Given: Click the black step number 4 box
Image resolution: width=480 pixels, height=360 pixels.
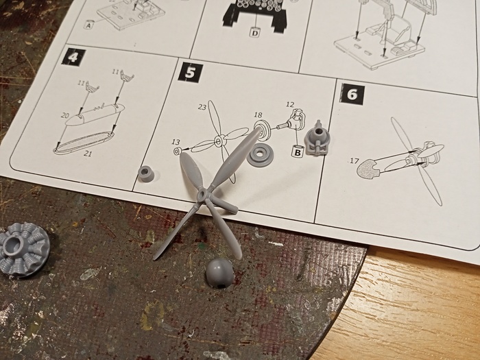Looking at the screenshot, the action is [73, 56].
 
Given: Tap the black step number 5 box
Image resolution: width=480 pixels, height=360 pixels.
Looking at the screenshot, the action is [191, 73].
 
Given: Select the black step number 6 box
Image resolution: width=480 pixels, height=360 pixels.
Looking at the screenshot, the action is [352, 94].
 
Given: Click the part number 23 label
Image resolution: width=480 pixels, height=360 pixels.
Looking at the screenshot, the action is [202, 107].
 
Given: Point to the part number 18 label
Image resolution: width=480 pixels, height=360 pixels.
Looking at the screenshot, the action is [258, 115].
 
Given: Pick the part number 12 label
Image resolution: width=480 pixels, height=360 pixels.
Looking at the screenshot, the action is [289, 105].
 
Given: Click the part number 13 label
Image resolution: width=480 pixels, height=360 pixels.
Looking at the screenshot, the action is [176, 142].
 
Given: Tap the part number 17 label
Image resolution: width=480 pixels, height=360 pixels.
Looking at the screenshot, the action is [354, 160].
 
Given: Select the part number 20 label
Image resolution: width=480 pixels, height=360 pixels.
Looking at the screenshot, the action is [65, 115].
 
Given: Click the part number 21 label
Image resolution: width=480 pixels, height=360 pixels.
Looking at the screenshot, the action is [88, 154].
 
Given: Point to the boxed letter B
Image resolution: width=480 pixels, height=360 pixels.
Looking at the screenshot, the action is [297, 152].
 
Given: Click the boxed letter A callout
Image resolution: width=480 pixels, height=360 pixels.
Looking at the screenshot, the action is [88, 25].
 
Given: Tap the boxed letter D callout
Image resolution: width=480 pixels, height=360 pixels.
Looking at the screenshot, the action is [254, 32].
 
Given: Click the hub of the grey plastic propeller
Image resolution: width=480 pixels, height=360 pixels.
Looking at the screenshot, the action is [203, 194].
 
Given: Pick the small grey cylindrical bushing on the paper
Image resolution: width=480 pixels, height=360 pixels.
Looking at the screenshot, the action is [147, 173].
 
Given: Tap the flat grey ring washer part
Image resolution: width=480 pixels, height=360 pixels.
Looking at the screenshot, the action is [260, 155].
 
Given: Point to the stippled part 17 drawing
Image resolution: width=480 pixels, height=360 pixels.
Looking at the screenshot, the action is [368, 169].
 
